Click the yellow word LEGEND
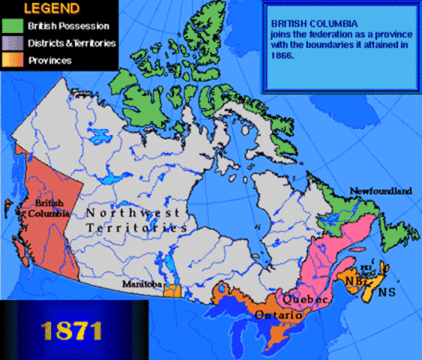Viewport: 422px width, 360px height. pos(48,10)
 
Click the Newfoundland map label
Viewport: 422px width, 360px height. pos(381,191)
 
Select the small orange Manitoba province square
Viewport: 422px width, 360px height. pos(172,289)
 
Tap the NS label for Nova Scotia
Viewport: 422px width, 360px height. pos(386,289)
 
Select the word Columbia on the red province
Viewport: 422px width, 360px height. pos(49,214)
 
